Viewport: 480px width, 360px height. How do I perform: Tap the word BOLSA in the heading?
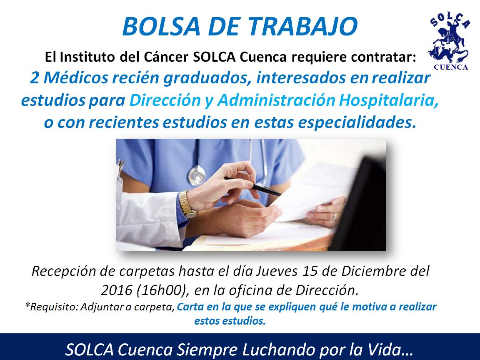(161, 26)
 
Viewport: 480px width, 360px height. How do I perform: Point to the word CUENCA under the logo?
(451, 67)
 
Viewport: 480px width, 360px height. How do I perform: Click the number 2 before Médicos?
(35, 78)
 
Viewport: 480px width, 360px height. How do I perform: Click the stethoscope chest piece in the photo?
(197, 175)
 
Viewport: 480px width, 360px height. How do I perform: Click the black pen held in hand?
(253, 186)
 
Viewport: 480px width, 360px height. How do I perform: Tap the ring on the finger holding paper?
(334, 217)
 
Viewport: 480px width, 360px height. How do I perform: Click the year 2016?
(117, 290)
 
